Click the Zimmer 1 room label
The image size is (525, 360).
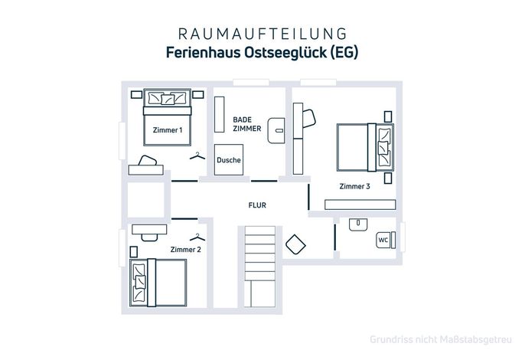[168, 130]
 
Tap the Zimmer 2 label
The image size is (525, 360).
[185, 250]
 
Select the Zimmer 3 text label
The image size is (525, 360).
[354, 186]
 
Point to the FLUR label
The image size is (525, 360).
[257, 205]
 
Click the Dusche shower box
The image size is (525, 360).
[229, 159]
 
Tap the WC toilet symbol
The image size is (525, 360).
[385, 240]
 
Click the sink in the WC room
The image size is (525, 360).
[358, 224]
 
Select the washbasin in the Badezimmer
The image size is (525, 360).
[276, 130]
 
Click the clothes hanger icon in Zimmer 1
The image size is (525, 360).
[197, 155]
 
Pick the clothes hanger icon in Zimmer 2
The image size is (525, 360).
[197, 237]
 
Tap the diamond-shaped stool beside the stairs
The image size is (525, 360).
[295, 244]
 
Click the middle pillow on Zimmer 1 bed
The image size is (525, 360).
[168, 100]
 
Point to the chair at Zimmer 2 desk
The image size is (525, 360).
[149, 237]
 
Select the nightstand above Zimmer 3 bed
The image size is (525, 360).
[388, 116]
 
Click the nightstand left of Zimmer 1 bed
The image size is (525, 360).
[136, 95]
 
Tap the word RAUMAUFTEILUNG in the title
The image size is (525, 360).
[262, 34]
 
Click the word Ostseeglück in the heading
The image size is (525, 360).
[285, 53]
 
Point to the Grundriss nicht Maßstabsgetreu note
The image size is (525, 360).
[441, 339]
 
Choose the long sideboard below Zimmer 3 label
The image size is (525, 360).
[360, 205]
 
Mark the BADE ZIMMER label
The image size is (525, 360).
[247, 124]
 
